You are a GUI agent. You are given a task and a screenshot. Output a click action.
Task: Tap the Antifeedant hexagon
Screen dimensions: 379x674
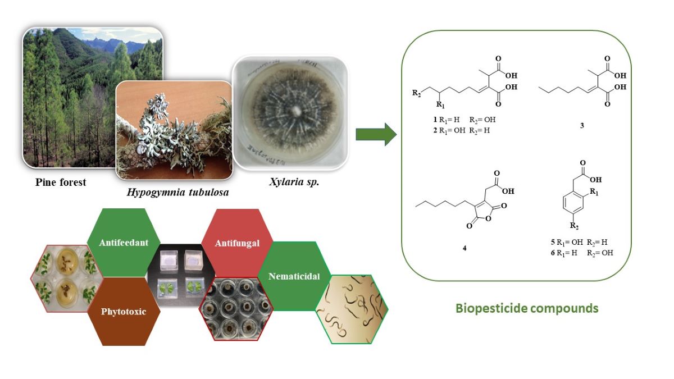[x=124, y=243]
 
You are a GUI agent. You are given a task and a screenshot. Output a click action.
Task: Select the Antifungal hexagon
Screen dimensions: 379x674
[x=237, y=243]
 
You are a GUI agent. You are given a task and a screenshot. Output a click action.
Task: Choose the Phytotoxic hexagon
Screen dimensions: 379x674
[x=124, y=310]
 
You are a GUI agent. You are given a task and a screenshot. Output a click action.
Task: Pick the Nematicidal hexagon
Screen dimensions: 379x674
[x=294, y=276]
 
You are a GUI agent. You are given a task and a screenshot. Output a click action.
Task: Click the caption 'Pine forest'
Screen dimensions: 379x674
[x=61, y=182]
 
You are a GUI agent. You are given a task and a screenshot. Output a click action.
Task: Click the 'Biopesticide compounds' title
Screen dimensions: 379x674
[x=526, y=308]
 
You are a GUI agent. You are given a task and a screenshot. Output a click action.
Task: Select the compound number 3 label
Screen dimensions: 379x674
[x=581, y=125]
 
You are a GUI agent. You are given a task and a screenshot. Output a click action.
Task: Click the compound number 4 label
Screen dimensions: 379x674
[x=464, y=248]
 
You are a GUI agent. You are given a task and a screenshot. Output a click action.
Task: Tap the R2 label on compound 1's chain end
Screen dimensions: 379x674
[x=416, y=92]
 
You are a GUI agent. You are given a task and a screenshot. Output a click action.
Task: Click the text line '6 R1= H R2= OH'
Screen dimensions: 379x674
[x=582, y=253]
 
